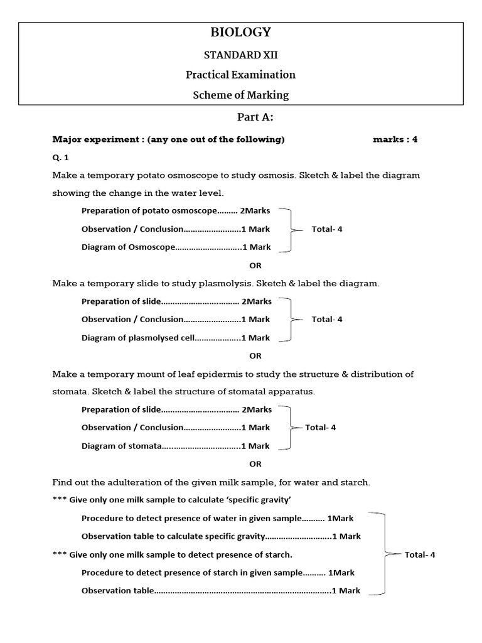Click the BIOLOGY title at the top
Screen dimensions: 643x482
240,32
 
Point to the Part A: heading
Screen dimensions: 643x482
255,117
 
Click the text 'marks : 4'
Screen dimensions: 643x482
395,139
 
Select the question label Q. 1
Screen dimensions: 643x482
61,158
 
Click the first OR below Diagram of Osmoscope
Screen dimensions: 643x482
255,266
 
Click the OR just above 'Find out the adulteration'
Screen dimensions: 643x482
255,464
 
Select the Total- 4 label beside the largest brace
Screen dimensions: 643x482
420,554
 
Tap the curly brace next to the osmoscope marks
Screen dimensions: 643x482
287,230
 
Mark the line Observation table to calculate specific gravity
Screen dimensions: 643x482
221,536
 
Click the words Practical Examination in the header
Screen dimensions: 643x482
240,75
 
